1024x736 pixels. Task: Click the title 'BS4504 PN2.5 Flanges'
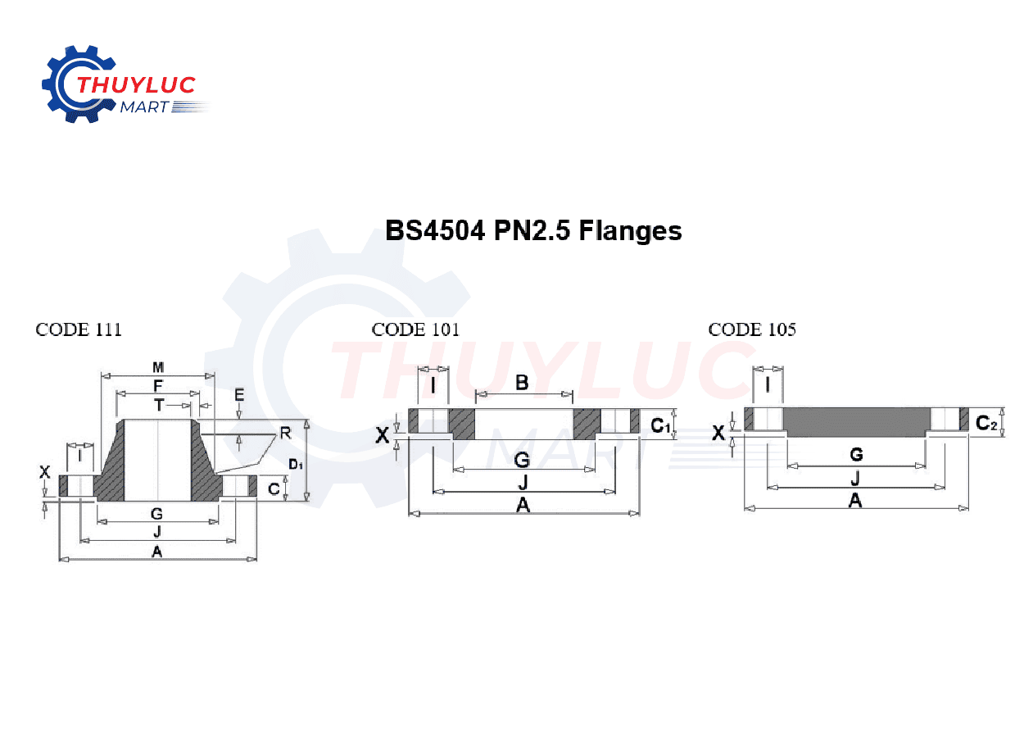[533, 231]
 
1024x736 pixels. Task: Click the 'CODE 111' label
[79, 329]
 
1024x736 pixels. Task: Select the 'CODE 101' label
[415, 329]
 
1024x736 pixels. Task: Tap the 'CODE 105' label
[752, 329]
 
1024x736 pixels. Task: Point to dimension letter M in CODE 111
[158, 366]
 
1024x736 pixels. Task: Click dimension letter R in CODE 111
[285, 432]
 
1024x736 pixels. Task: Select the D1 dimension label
[295, 465]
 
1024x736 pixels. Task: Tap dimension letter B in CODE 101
[522, 382]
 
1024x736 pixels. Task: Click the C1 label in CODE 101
[660, 425]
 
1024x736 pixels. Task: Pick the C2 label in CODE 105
[986, 423]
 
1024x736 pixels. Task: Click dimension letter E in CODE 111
[239, 395]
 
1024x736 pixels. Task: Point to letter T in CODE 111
[159, 404]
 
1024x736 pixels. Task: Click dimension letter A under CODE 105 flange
[855, 500]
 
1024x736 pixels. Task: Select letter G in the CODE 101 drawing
[522, 461]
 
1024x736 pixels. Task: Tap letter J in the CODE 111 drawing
[157, 533]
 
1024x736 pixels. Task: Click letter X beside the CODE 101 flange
[383, 435]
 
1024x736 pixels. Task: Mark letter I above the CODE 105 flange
[768, 384]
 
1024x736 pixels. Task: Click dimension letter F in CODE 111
[158, 385]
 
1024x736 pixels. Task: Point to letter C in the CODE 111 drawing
[274, 489]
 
